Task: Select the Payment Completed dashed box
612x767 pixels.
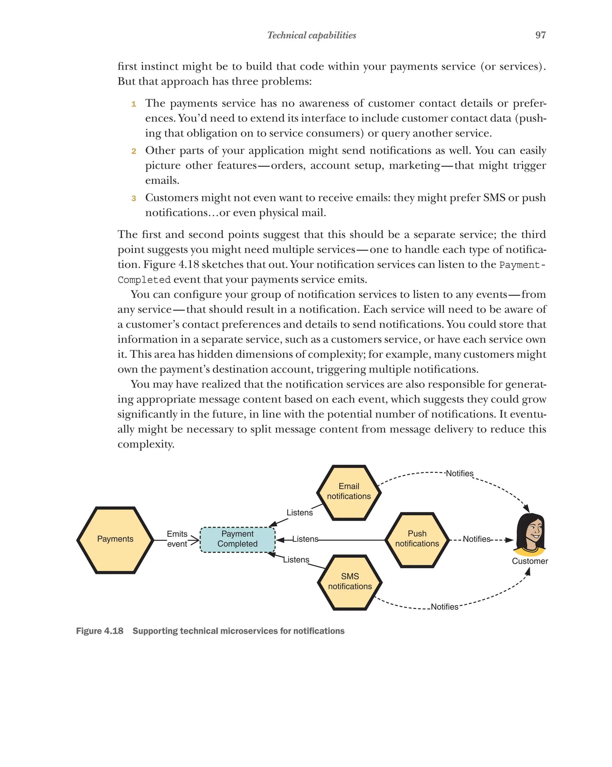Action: pyautogui.click(x=238, y=539)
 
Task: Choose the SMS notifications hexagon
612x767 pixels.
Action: pyautogui.click(x=350, y=582)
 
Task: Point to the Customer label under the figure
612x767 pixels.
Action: pyautogui.click(x=530, y=561)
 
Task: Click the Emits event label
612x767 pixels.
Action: pyautogui.click(x=177, y=539)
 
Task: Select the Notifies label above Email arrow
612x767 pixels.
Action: pyautogui.click(x=459, y=474)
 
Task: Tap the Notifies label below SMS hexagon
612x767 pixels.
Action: pyautogui.click(x=444, y=607)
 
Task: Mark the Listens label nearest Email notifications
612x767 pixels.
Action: pyautogui.click(x=299, y=513)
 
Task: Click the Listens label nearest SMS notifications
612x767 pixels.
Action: pyautogui.click(x=296, y=560)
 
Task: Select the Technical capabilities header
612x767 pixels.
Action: pyautogui.click(x=311, y=35)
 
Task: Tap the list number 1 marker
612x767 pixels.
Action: pyautogui.click(x=134, y=104)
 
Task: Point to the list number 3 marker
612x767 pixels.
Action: pyautogui.click(x=134, y=198)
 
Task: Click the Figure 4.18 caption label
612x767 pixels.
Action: pyautogui.click(x=100, y=631)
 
